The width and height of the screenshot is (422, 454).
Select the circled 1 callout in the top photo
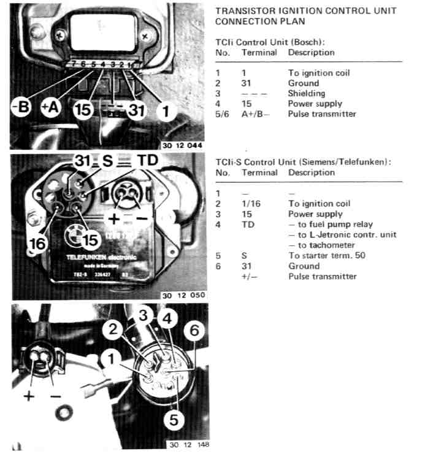pos(164,111)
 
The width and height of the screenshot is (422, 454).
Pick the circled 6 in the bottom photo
pos(194,331)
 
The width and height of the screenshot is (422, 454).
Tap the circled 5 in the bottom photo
pos(174,420)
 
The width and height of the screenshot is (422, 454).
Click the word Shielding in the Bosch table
pos(306,93)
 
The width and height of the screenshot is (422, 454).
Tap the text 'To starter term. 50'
pos(326,255)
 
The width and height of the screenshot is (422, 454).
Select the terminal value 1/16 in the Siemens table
pos(251,204)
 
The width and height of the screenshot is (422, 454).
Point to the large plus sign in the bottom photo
pos(28,396)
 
